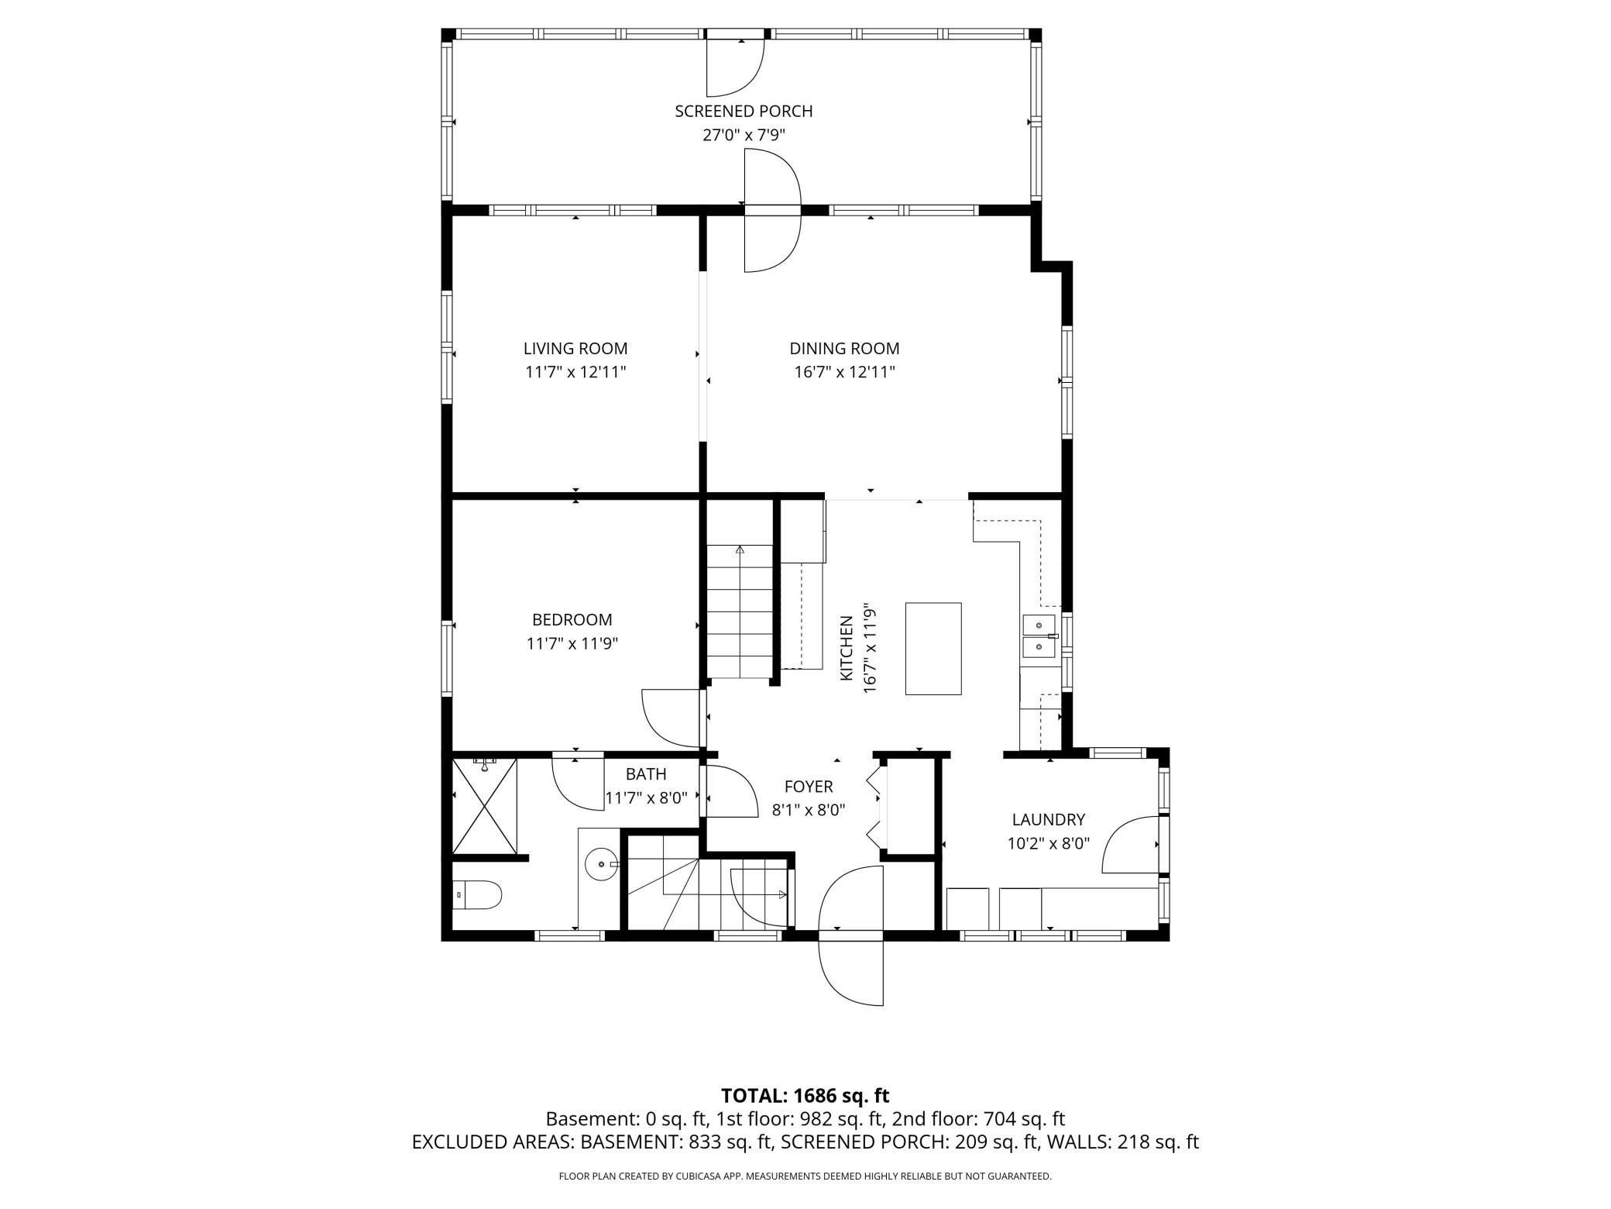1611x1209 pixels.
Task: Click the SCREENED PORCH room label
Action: pos(744,111)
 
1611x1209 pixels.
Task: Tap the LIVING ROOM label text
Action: pos(575,349)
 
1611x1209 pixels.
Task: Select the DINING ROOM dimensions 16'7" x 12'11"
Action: pos(844,372)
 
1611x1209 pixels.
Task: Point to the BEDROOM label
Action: pos(572,620)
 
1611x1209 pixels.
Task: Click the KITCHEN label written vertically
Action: pos(847,649)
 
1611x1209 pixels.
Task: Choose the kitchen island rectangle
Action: pos(933,649)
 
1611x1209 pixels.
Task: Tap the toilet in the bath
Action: pos(477,895)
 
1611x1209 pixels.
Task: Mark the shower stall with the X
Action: pos(484,806)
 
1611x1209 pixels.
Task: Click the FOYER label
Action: pos(809,787)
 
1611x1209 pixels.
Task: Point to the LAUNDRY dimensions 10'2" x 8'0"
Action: pos(1049,843)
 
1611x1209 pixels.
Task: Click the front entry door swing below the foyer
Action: pos(851,935)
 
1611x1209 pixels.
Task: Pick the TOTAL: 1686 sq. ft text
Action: pos(805,1096)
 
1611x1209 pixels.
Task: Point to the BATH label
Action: pos(646,773)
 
